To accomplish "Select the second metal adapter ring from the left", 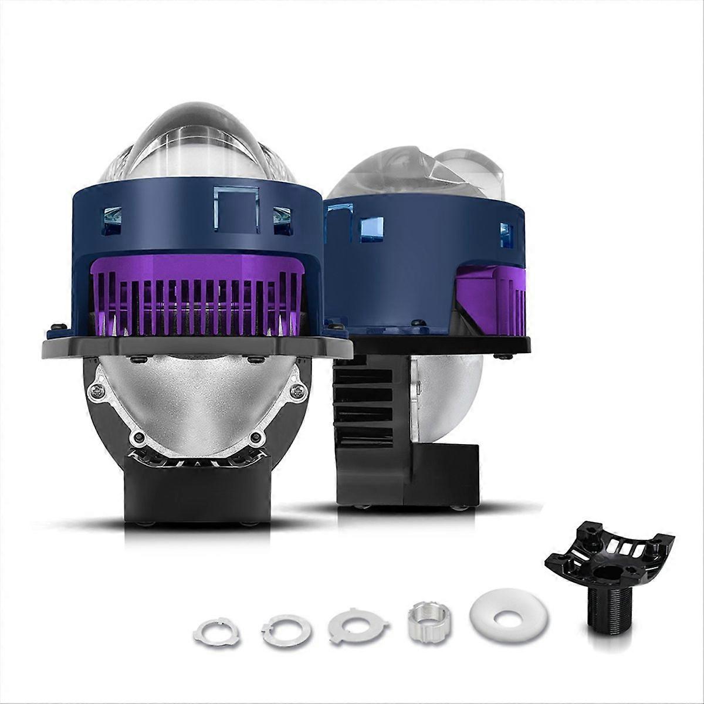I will pyautogui.click(x=287, y=629).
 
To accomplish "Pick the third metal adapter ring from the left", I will pyautogui.click(x=357, y=626).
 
